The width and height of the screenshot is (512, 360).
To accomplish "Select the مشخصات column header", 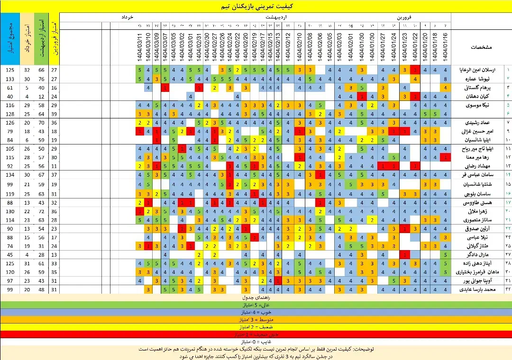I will (x=481, y=47).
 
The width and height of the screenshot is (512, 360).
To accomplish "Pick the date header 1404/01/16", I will (x=446, y=47).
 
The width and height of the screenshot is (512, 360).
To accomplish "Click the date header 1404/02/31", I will (x=199, y=47).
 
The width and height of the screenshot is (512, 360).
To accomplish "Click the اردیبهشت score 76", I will (x=41, y=79).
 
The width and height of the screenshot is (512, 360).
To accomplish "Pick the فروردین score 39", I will (x=54, y=114).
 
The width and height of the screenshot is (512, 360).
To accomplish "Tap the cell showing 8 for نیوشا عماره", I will (x=446, y=79).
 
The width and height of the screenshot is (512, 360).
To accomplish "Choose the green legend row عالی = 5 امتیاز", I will (x=256, y=306).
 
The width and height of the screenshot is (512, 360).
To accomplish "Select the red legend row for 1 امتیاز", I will (x=256, y=334).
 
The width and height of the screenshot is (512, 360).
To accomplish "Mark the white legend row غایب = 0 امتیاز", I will (x=256, y=341).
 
